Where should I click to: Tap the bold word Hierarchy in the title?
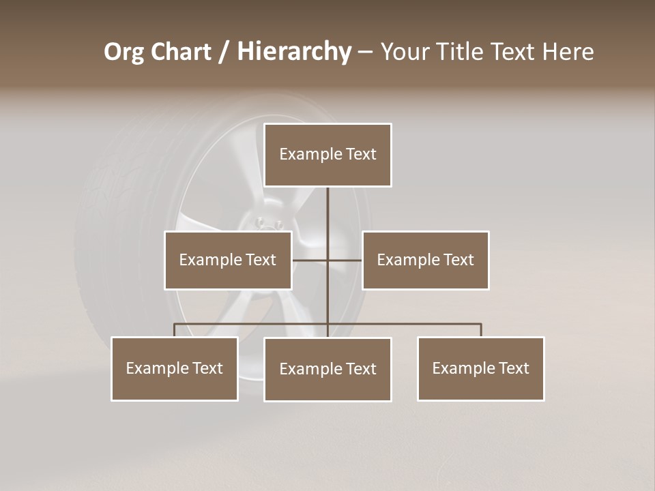(x=294, y=52)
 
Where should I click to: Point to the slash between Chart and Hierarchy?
(x=224, y=53)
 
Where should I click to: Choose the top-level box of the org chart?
(x=327, y=155)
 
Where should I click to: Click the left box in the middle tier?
(x=228, y=260)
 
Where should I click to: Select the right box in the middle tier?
(x=426, y=260)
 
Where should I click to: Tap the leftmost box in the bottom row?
(x=175, y=368)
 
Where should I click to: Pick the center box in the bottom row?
(x=327, y=369)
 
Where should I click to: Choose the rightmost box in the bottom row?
(x=481, y=368)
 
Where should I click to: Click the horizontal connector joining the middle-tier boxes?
(x=310, y=260)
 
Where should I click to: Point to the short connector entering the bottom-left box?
(x=175, y=330)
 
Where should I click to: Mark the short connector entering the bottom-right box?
(x=481, y=330)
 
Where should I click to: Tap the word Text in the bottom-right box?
(x=514, y=368)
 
